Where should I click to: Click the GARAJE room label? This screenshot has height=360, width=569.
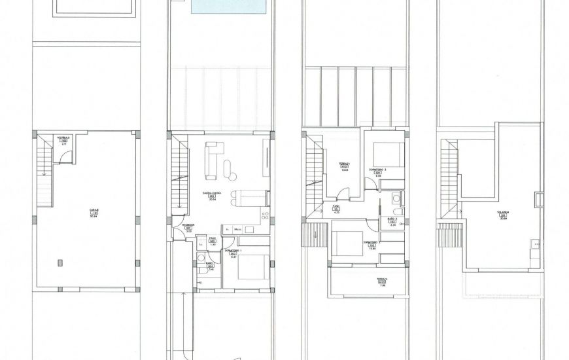[x=94, y=211]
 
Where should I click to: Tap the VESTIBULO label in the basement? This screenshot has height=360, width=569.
[x=63, y=139]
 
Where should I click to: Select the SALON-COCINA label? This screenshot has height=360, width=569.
[x=212, y=194]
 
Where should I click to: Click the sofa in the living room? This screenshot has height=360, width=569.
[x=211, y=161]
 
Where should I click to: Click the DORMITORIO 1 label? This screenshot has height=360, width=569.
[x=233, y=253]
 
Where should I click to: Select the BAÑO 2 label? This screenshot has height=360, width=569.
[x=392, y=221]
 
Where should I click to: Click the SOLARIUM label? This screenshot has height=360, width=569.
[x=504, y=214]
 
